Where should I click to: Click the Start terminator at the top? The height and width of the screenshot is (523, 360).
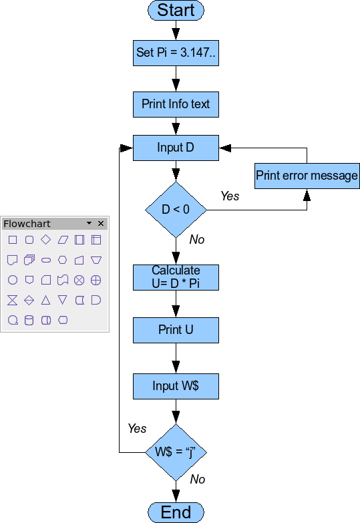tap(176, 10)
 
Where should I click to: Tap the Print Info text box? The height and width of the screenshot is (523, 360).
tap(176, 104)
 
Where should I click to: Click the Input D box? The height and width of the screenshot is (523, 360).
tap(176, 148)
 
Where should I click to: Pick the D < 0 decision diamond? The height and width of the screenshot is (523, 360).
tap(176, 210)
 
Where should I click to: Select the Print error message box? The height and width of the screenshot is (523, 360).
tap(307, 176)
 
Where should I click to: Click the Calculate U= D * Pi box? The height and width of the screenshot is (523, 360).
tap(176, 277)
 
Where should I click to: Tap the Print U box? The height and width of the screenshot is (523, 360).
tap(176, 330)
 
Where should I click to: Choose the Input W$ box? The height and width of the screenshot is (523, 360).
tap(176, 386)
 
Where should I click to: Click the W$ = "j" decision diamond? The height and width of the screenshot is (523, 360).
tap(176, 452)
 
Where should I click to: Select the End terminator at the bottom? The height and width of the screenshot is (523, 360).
tap(176, 512)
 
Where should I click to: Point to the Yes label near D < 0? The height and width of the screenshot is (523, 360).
tap(230, 196)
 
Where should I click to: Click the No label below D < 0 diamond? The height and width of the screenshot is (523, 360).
tap(197, 239)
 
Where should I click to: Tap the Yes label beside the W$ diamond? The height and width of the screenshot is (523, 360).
tap(137, 428)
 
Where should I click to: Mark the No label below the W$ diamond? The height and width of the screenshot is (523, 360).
tap(198, 479)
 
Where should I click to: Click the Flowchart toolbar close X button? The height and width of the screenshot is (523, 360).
tap(101, 224)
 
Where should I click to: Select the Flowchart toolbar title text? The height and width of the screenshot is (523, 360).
tap(27, 224)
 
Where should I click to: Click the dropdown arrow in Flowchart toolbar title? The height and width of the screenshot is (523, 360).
tap(89, 224)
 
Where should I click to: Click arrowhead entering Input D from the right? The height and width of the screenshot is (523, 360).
tap(224, 148)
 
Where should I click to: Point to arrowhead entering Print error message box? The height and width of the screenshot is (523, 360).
tap(307, 195)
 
